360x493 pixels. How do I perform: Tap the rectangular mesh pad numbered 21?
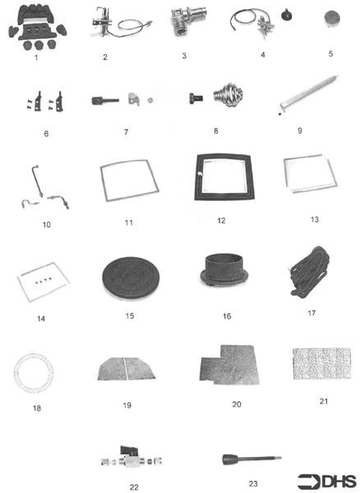[x=322, y=362]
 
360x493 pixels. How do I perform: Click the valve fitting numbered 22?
[x=134, y=459]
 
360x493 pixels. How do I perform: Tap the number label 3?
[x=184, y=55]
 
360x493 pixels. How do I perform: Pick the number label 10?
[x=46, y=223]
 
